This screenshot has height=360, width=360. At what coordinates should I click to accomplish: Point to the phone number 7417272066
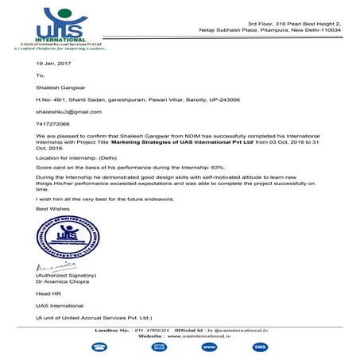click(x=52, y=124)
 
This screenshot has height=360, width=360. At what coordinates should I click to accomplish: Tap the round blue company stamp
click(x=57, y=235)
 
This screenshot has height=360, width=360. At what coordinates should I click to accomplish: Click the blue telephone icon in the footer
click(x=99, y=347)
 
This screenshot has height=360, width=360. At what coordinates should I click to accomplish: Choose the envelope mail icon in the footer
click(x=159, y=347)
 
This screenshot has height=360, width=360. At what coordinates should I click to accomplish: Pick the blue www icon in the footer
click(x=209, y=347)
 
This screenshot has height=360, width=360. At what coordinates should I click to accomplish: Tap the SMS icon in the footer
click(x=260, y=347)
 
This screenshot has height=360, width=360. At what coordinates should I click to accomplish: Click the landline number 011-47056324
click(x=149, y=329)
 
